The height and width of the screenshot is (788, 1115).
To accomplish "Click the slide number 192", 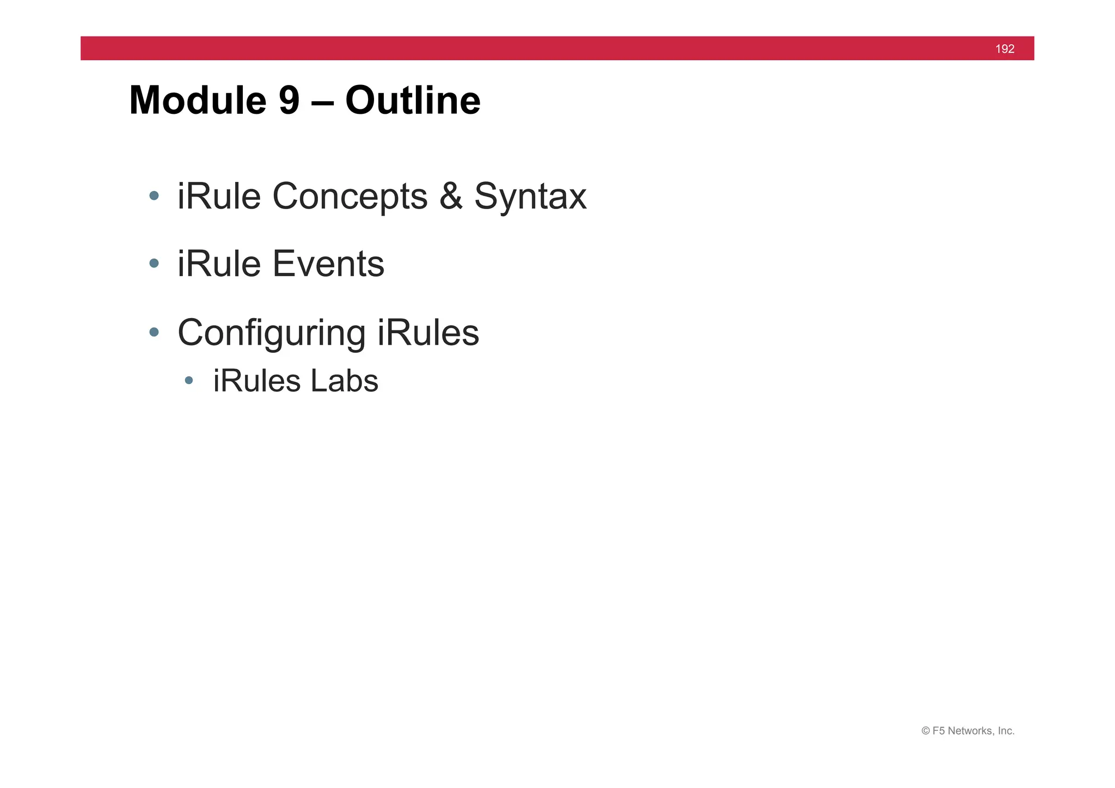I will (x=1004, y=49).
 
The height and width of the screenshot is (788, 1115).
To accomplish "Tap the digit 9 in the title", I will (x=289, y=101).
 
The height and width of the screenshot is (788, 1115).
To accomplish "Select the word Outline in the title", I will (x=413, y=101).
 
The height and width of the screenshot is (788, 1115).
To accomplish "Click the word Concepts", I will (x=350, y=197).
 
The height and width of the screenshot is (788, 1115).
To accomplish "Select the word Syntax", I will (x=530, y=197).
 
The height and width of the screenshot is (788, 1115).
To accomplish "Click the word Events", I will (x=328, y=264).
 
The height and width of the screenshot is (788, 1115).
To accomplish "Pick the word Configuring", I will (x=271, y=334).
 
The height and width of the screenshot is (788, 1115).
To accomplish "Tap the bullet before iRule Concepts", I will (x=154, y=196).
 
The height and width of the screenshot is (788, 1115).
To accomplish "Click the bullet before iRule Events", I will (x=154, y=264).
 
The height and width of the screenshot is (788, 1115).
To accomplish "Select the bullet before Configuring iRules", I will (x=154, y=332).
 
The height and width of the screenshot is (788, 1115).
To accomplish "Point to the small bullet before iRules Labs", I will (x=189, y=380).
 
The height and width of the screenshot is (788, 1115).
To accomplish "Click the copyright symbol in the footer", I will (x=926, y=731).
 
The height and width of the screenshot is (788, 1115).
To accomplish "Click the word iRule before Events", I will (x=219, y=264).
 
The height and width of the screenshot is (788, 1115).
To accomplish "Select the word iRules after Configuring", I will (x=428, y=333).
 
